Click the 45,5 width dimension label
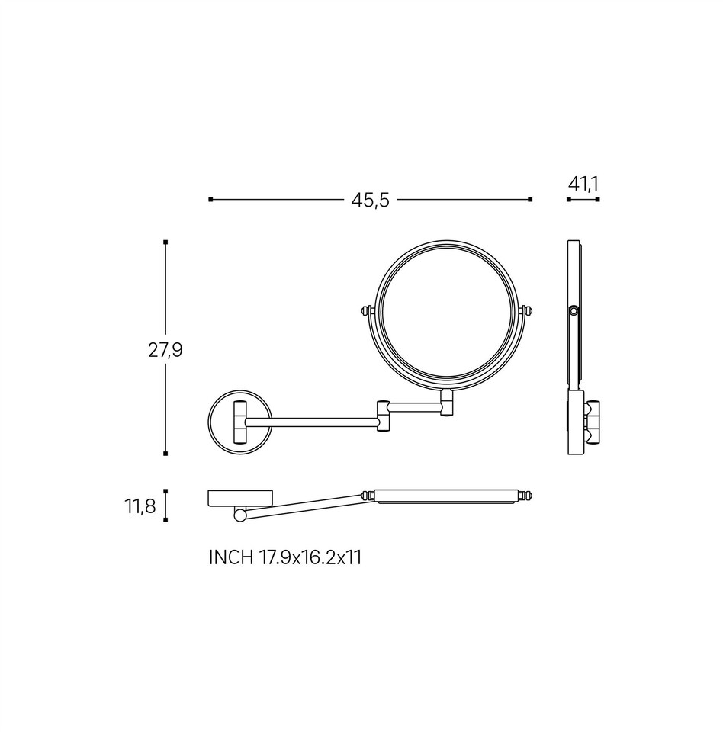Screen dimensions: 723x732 [370, 201]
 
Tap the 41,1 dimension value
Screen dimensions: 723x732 [583, 185]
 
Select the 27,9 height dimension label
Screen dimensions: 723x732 [165, 350]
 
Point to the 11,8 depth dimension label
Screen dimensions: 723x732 [140, 506]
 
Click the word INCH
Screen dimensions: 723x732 [231, 557]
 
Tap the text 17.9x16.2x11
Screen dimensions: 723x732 [310, 557]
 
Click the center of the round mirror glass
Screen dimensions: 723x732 [448, 314]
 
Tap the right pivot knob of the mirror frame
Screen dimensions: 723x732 [529, 310]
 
